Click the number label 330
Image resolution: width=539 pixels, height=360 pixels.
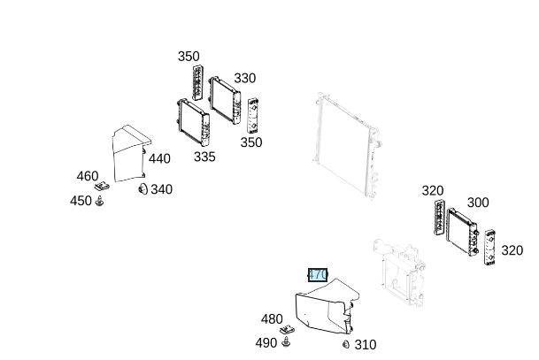point(245,79)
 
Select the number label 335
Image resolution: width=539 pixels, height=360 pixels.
point(204,157)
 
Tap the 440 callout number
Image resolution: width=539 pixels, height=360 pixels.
point(159,159)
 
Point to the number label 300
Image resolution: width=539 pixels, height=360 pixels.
point(478,203)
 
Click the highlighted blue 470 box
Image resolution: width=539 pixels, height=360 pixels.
point(318,274)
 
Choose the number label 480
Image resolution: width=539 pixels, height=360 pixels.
point(272,319)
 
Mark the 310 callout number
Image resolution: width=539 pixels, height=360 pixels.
point(365,344)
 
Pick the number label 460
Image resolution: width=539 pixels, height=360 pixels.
point(88,176)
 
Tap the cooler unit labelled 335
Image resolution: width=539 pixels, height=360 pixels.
point(193,122)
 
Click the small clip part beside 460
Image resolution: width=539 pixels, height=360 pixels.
point(103,187)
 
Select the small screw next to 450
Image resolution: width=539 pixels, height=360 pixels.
point(101,203)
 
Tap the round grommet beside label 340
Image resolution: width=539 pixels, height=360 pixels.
point(142,188)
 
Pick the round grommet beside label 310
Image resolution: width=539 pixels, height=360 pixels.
point(346,343)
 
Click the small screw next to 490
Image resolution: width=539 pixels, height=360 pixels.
point(287,342)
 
